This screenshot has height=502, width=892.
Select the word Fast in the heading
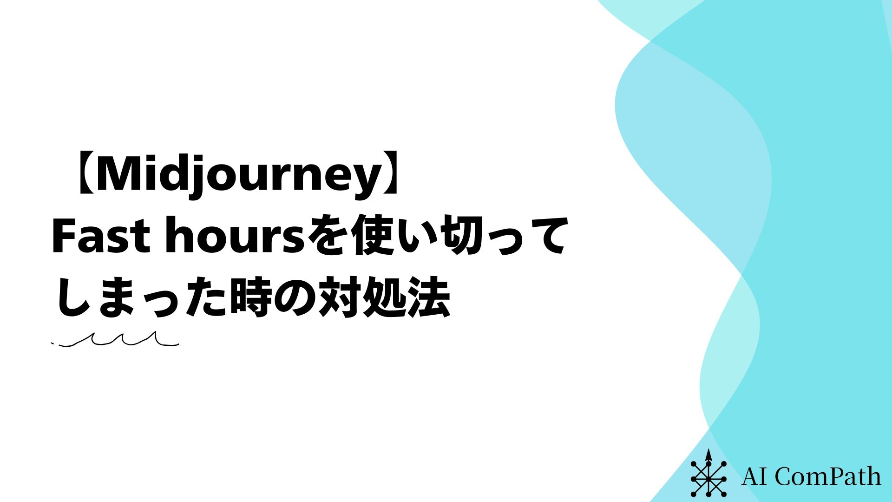(99, 237)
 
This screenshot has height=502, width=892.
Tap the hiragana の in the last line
(295, 298)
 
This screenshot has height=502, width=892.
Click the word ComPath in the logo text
(827, 476)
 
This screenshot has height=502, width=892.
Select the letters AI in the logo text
(755, 476)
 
